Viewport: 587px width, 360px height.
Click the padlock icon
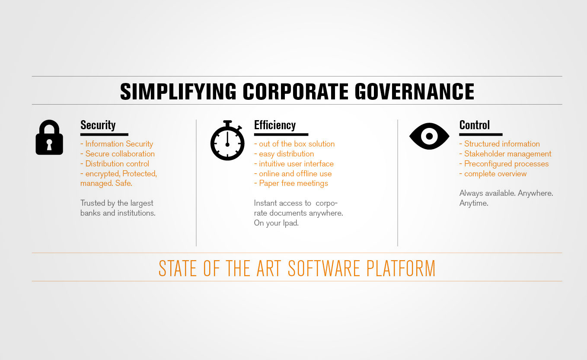pyautogui.click(x=49, y=137)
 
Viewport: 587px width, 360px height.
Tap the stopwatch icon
pyautogui.click(x=227, y=140)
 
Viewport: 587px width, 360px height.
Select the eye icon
pyautogui.click(x=429, y=136)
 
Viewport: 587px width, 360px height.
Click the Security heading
pyautogui.click(x=98, y=125)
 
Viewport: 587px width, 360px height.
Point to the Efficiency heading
pyautogui.click(x=275, y=125)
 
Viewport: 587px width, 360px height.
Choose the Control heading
pyautogui.click(x=475, y=125)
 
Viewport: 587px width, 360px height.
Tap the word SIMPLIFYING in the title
pyautogui.click(x=178, y=92)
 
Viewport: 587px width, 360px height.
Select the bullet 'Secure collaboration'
pyautogui.click(x=118, y=154)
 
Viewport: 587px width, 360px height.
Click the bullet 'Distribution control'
pyautogui.click(x=115, y=164)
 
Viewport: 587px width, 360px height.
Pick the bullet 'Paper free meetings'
pyautogui.click(x=291, y=183)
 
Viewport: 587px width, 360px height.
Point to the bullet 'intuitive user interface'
pyautogui.click(x=294, y=164)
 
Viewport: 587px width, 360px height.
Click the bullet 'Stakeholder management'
pyautogui.click(x=505, y=154)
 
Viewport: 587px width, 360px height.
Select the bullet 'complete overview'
pyautogui.click(x=493, y=174)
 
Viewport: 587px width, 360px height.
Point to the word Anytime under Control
pyautogui.click(x=474, y=203)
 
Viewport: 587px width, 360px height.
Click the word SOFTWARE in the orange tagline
pyautogui.click(x=324, y=268)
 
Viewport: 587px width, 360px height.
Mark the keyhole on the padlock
pyautogui.click(x=49, y=145)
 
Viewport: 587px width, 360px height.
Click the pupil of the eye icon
pyautogui.click(x=429, y=136)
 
